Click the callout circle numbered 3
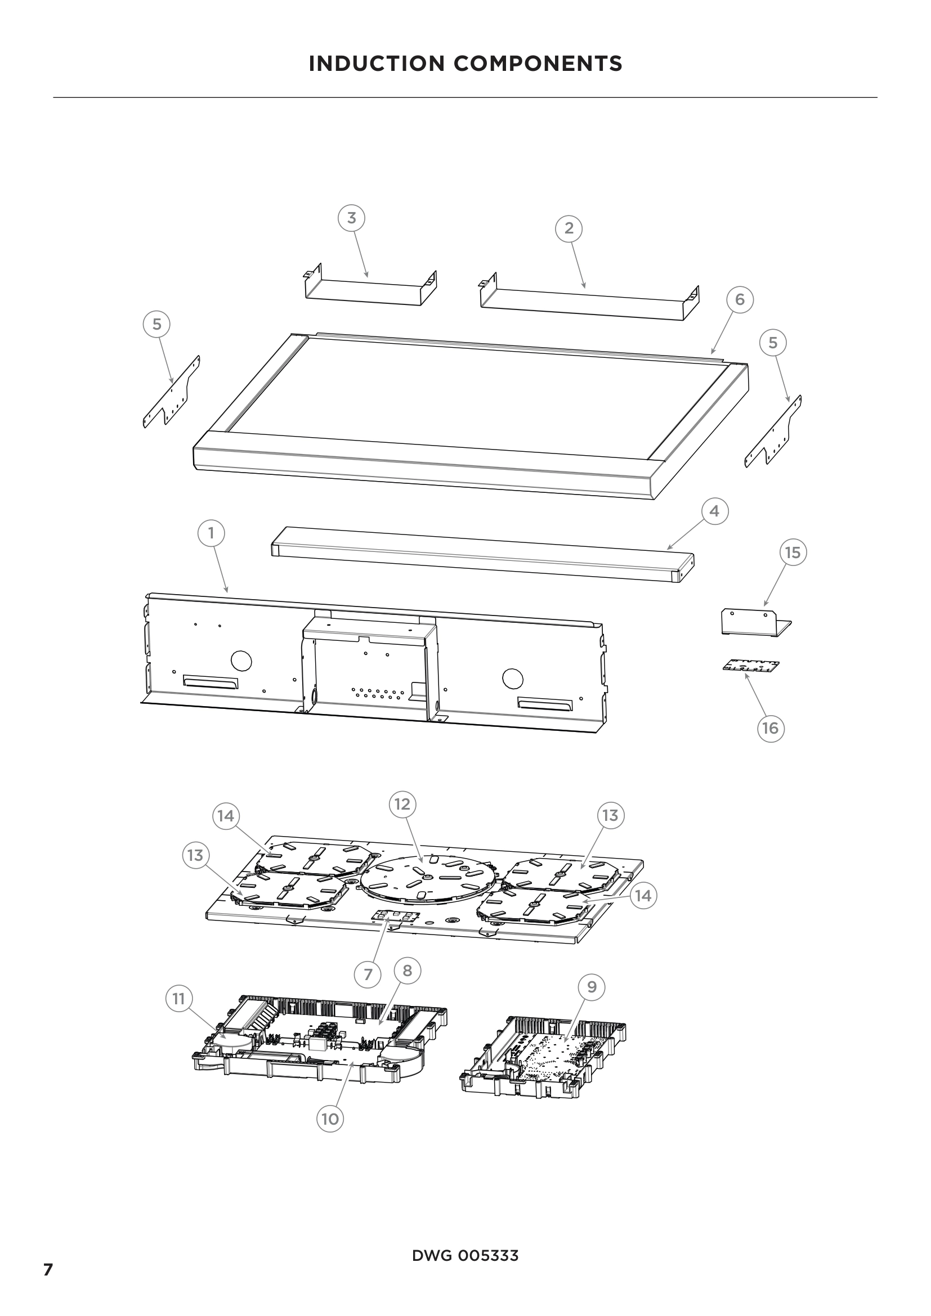tap(351, 218)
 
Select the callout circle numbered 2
tap(569, 228)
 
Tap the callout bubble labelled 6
tap(740, 299)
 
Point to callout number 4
tap(714, 511)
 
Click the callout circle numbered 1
tap(211, 533)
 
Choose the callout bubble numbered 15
tap(793, 553)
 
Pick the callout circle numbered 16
tap(770, 728)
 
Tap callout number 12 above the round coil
tap(402, 804)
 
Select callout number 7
tap(368, 974)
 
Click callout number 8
tap(407, 971)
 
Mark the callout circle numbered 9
tap(592, 986)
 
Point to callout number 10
tap(330, 1119)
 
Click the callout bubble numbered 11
tap(179, 999)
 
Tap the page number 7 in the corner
tap(48, 1269)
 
